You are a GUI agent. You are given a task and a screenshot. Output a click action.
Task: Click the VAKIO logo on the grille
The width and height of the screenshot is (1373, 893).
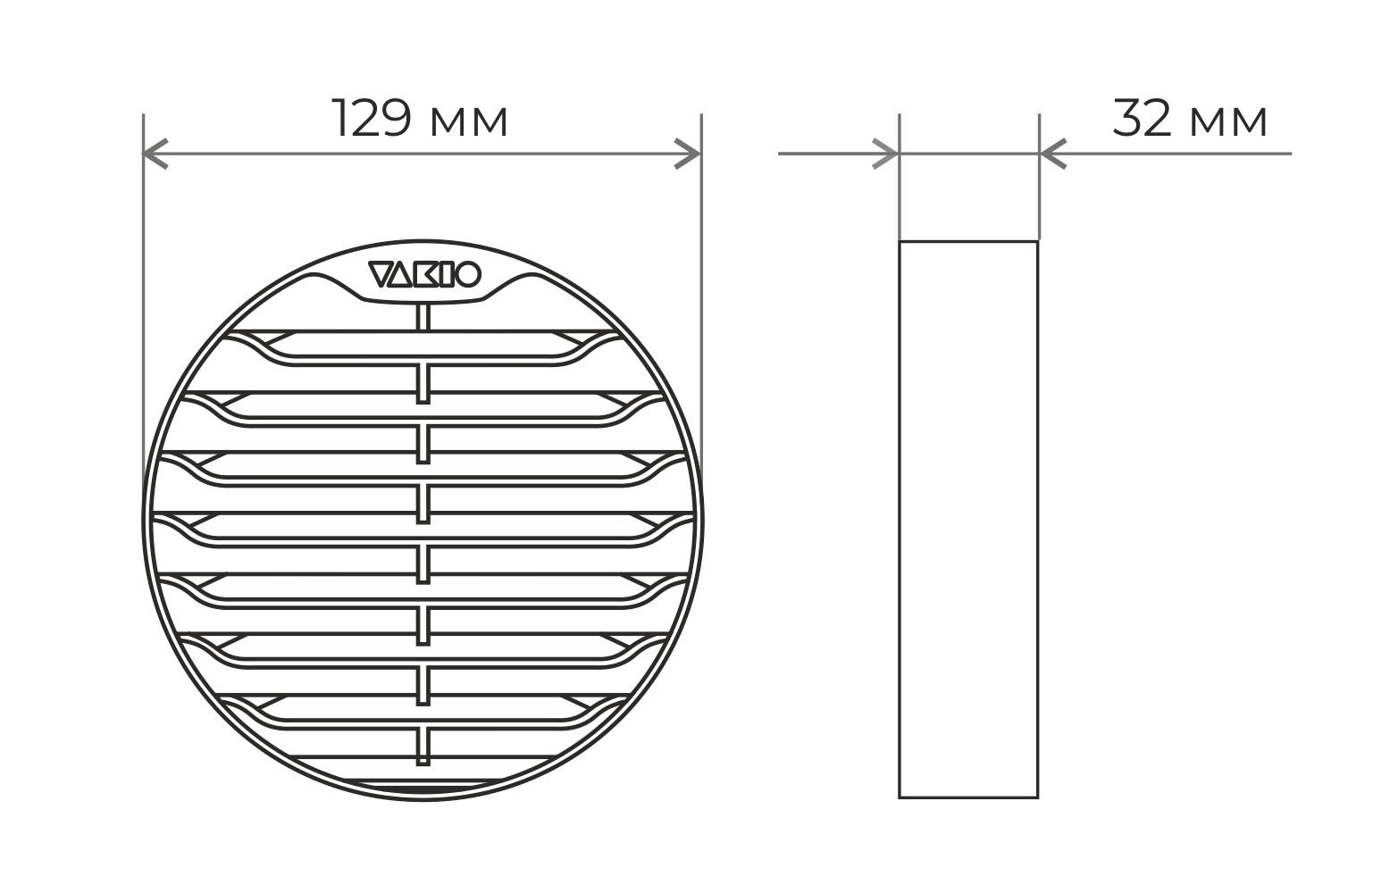tap(424, 274)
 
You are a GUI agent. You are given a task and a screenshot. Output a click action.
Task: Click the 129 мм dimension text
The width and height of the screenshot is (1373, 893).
tap(420, 118)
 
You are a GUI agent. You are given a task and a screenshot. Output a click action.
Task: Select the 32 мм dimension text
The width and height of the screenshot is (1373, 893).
tap(1190, 118)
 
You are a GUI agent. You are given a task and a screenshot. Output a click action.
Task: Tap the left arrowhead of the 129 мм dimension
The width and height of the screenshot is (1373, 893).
tap(155, 154)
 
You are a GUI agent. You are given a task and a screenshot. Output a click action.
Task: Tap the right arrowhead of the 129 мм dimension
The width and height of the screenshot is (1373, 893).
tap(688, 154)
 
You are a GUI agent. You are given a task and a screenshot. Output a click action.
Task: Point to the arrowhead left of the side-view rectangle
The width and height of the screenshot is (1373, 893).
tap(886, 154)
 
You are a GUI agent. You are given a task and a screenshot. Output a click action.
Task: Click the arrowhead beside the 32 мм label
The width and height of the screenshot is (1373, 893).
tap(1053, 154)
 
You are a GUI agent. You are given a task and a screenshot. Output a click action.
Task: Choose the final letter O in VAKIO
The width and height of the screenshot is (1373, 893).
tap(469, 274)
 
